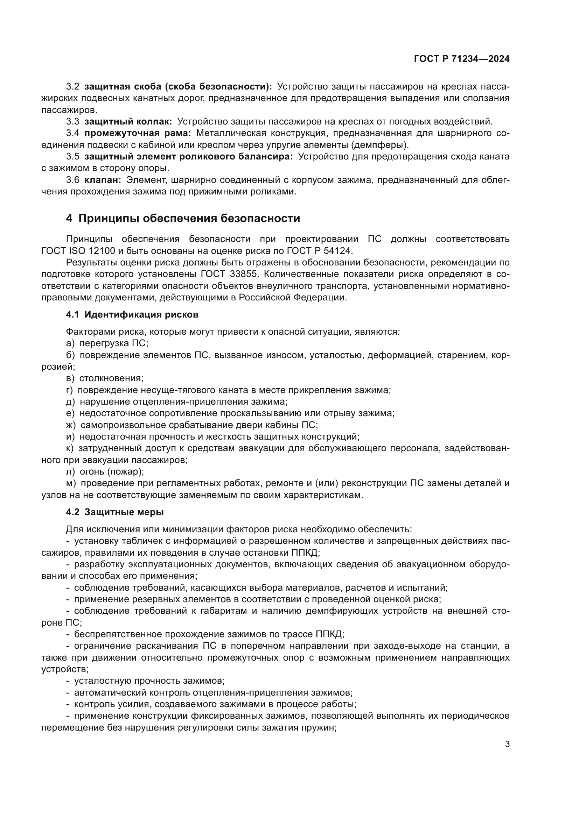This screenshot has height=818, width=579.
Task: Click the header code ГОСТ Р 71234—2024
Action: tap(461, 59)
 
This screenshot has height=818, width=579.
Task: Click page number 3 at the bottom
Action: tap(507, 744)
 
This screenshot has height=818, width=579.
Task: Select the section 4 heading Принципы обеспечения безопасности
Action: tap(183, 218)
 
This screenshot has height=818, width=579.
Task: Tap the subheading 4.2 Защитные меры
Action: tap(115, 512)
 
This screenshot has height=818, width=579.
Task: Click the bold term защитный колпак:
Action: tap(128, 121)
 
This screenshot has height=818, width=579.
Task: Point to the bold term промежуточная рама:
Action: tap(138, 133)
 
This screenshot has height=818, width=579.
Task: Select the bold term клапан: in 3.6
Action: tap(103, 180)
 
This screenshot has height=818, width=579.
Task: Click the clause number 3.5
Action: tap(72, 156)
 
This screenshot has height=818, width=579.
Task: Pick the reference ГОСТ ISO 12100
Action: tap(78, 251)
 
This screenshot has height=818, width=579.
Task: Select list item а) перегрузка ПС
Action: tap(107, 343)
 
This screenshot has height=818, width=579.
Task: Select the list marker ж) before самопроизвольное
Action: tap(71, 425)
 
